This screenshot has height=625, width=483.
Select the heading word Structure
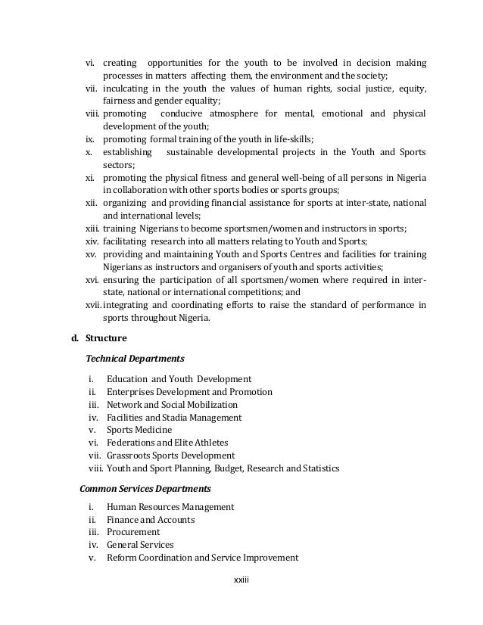click(106, 337)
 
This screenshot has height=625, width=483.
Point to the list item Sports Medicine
click(139, 430)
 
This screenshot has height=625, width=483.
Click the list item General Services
click(140, 545)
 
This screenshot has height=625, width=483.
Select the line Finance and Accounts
click(151, 520)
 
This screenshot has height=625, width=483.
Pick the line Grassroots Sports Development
click(171, 456)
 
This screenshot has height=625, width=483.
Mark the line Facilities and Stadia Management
click(174, 417)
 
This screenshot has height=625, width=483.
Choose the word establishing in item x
click(126, 152)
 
